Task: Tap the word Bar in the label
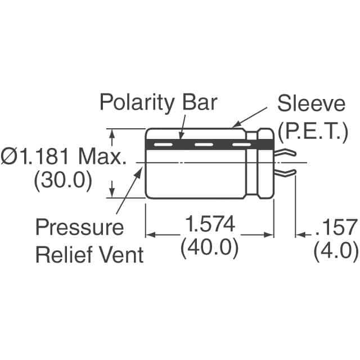pos(199,103)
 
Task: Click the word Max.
pos(103,157)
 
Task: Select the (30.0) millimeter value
pos(62,181)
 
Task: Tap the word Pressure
pos(79,227)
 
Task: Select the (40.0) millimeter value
pos(209,248)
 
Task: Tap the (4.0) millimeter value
pos(335,249)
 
